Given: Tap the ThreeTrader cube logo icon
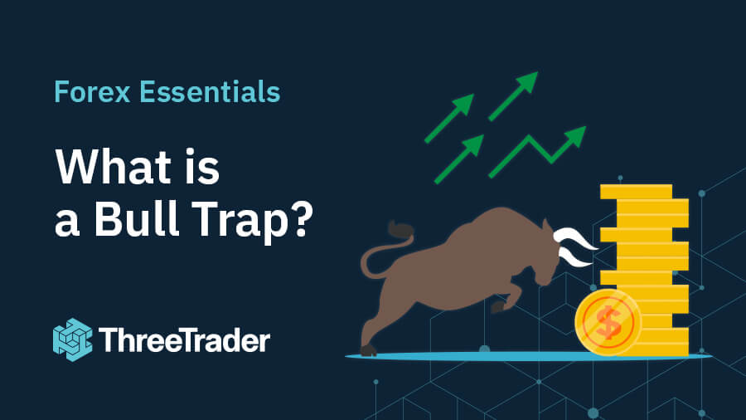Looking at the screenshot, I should point(72,339).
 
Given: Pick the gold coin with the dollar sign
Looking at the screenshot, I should point(608,323).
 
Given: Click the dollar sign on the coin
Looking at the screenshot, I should point(608,323).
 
